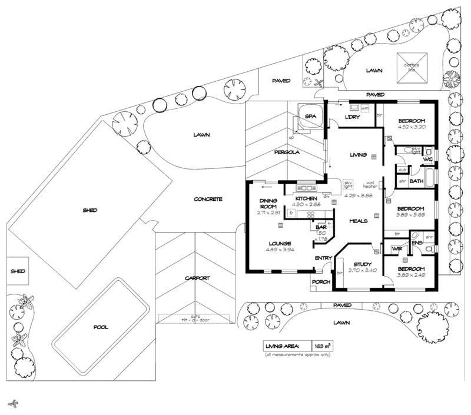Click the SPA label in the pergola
tap(310, 117)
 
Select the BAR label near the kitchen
tap(321, 226)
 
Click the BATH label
tap(417, 181)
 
